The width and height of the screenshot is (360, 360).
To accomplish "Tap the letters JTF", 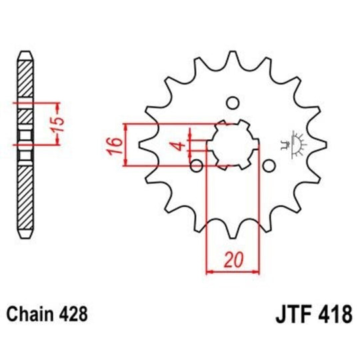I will (x=293, y=313).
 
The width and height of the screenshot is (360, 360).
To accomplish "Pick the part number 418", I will (x=333, y=313).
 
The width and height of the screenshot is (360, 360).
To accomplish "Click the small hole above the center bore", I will (x=233, y=103).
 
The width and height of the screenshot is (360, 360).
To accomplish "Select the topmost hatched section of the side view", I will (x=25, y=80).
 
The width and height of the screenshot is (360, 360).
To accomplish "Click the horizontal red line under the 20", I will (x=233, y=271).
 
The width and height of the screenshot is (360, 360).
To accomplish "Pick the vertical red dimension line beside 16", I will (x=127, y=143).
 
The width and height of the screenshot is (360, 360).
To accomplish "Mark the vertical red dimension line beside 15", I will (x=49, y=123).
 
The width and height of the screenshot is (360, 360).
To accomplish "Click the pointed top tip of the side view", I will (x=25, y=52).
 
